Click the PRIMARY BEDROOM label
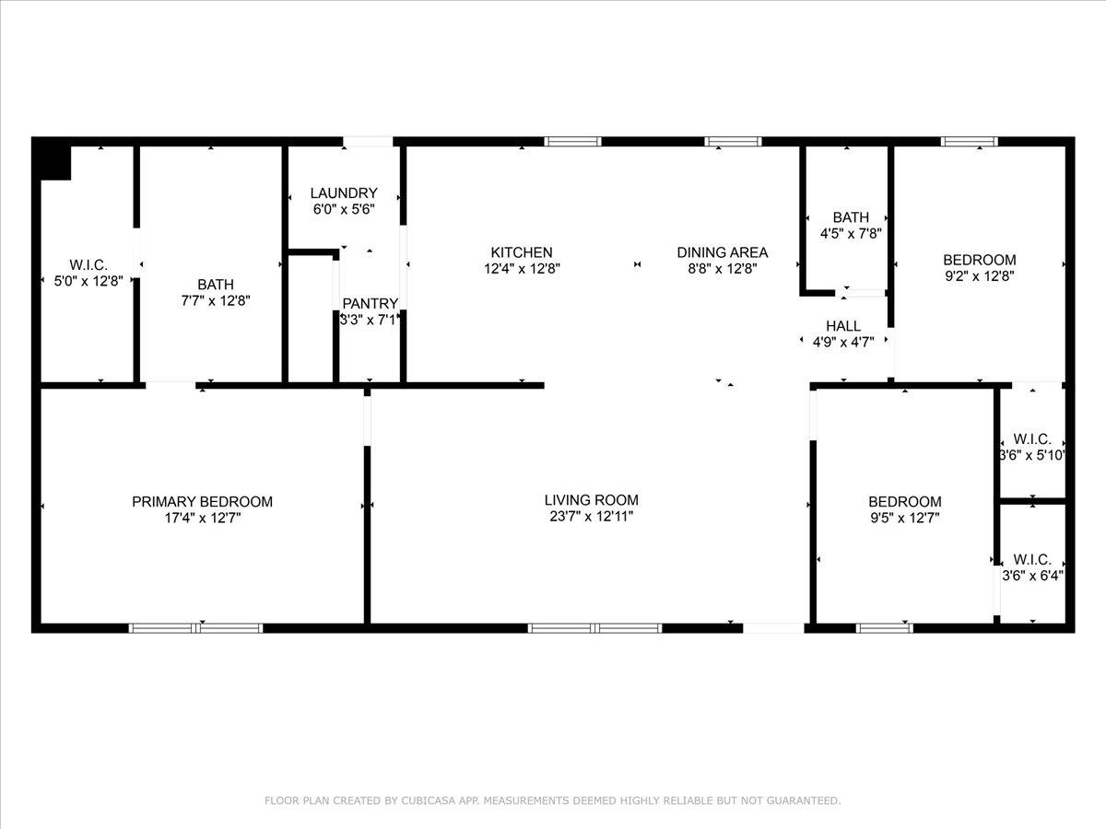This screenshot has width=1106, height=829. coord(202,502)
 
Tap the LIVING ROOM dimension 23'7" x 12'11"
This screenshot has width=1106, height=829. coord(591,517)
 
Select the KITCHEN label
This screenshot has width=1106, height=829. coord(521,252)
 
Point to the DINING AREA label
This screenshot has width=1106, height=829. coord(722,252)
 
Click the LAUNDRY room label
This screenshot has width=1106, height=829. coord(343,193)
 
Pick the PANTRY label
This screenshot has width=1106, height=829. coord(370,304)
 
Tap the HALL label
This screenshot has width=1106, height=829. coord(843,326)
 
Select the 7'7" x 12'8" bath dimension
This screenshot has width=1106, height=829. coord(215,300)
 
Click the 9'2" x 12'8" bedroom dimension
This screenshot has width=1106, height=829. coord(979,275)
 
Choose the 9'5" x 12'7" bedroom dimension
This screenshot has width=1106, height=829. coord(904,518)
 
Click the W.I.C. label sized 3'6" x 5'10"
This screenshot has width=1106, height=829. coord(1032,438)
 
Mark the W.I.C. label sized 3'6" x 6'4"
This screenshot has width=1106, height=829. coord(1032,559)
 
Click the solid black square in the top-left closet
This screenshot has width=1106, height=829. coord(54,162)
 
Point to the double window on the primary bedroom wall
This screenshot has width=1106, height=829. coord(195,628)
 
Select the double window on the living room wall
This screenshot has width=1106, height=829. coord(594,628)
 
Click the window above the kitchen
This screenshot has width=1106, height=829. coord(572,142)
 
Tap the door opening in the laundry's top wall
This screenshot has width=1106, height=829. coord(368,142)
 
